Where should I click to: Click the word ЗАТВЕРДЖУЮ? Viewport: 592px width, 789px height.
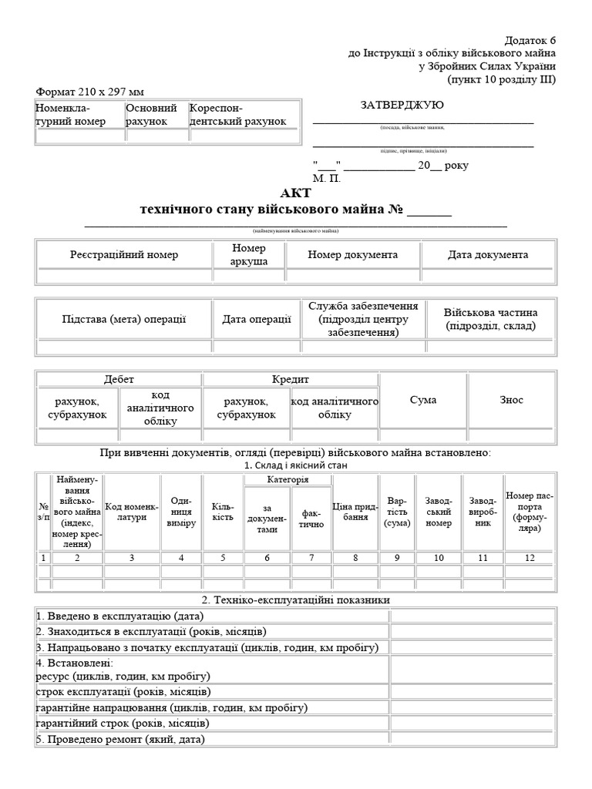[x=402, y=105]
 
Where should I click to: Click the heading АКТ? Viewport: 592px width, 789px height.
[x=296, y=193]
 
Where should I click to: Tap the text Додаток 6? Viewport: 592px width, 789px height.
[x=530, y=40]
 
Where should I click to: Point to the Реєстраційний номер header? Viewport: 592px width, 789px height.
[x=124, y=254]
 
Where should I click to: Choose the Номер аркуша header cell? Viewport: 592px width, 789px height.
[x=248, y=254]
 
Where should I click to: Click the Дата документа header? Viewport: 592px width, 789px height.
[x=488, y=254]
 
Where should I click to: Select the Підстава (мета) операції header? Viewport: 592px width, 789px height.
[x=124, y=319]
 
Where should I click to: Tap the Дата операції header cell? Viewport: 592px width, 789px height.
[x=257, y=319]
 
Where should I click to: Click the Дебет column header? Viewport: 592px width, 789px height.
[x=119, y=380]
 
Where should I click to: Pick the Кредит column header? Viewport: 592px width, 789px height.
[x=290, y=380]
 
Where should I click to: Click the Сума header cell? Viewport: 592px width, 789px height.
[x=423, y=400]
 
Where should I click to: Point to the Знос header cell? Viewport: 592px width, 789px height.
[x=511, y=400]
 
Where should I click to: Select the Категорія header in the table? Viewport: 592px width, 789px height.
[x=288, y=479]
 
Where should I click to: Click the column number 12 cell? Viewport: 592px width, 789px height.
[x=529, y=558]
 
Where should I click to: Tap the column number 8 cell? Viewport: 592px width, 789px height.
[x=355, y=558]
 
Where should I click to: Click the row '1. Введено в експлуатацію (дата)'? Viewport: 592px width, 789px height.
[x=211, y=616]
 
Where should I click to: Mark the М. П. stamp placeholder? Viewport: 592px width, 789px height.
[x=326, y=178]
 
